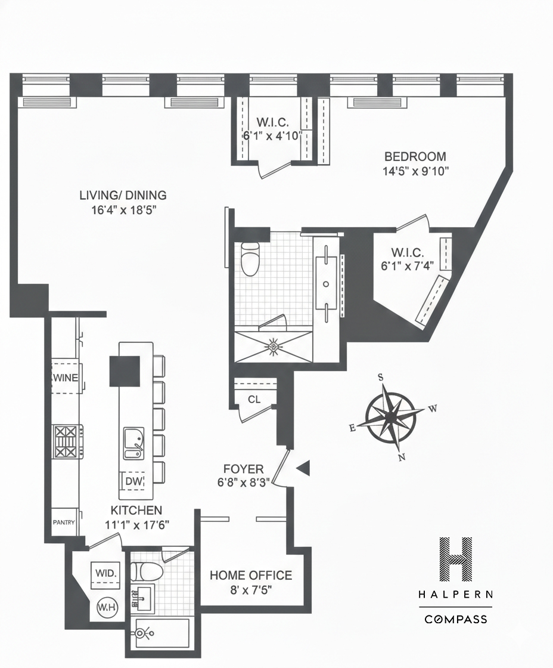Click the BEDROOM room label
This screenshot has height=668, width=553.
pyautogui.click(x=415, y=157)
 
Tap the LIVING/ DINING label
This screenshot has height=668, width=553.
pyautogui.click(x=123, y=195)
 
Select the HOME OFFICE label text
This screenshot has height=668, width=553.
pyautogui.click(x=250, y=576)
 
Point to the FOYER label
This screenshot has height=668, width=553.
pyautogui.click(x=243, y=469)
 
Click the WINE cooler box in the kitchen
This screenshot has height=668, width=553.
pyautogui.click(x=66, y=378)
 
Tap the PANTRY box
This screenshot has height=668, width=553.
pyautogui.click(x=64, y=523)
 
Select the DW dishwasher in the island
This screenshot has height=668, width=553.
pyautogui.click(x=133, y=481)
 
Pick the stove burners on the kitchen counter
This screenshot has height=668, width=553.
pyautogui.click(x=66, y=441)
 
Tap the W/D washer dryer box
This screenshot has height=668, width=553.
pyautogui.click(x=106, y=573)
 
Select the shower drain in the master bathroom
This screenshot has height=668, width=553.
pyautogui.click(x=274, y=345)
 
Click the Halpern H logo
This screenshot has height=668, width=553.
pyautogui.click(x=455, y=559)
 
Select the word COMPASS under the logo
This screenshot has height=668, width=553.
pyautogui.click(x=455, y=619)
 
